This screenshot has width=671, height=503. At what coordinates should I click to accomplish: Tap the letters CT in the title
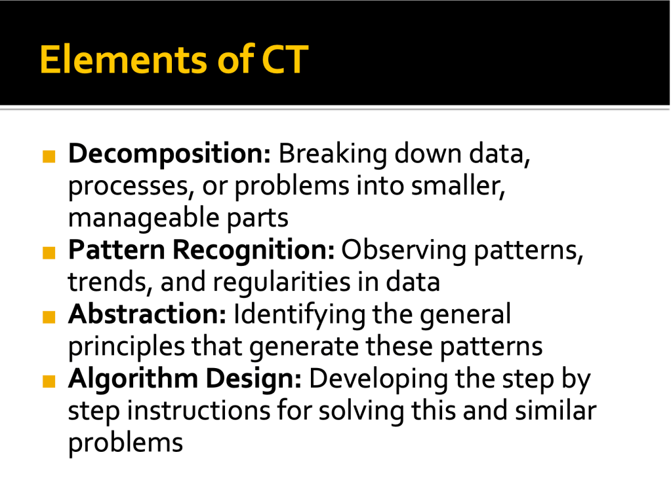click(285, 59)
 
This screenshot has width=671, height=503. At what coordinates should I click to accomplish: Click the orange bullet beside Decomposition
click(49, 157)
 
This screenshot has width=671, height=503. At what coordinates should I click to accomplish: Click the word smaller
click(458, 186)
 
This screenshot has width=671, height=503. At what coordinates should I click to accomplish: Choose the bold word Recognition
click(253, 250)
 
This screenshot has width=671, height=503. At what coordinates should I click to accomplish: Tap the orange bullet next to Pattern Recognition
click(49, 253)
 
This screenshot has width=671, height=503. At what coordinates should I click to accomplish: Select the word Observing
click(403, 250)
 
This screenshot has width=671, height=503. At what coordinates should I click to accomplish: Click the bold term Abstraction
click(147, 314)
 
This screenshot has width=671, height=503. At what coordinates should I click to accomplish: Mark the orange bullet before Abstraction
click(49, 317)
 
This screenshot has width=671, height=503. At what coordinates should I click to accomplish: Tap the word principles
click(127, 346)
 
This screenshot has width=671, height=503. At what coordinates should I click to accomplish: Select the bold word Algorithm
click(132, 379)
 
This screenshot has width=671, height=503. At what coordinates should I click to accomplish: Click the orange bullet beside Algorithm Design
click(49, 381)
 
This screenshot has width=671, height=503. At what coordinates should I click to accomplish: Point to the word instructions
click(199, 411)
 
